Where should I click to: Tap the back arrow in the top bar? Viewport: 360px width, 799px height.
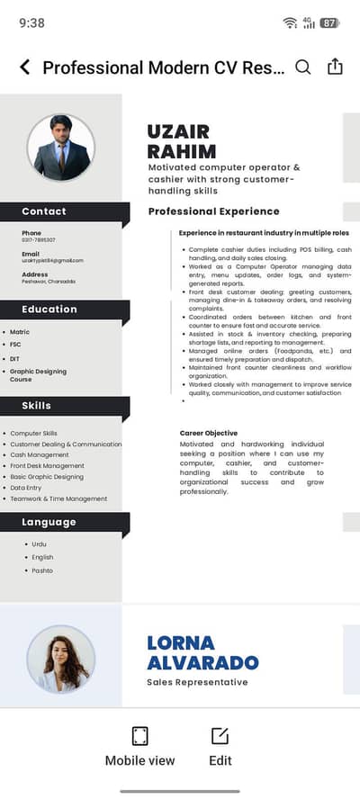click(x=24, y=67)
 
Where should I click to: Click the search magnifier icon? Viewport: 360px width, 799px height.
click(x=303, y=67)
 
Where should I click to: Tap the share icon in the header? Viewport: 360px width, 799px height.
click(x=335, y=67)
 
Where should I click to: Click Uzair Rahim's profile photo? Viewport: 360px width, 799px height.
click(x=60, y=148)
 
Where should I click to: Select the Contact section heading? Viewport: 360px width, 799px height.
click(x=44, y=211)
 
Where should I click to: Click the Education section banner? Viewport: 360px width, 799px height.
click(x=49, y=309)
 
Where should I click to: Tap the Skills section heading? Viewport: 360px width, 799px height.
click(x=37, y=406)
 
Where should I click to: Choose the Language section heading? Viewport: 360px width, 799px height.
click(x=49, y=522)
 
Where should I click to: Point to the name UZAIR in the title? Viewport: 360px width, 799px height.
click(x=179, y=131)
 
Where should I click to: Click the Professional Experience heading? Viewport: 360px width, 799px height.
click(x=213, y=211)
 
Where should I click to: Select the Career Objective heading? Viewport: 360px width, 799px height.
click(x=208, y=433)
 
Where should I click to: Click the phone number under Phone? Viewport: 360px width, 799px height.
click(x=39, y=240)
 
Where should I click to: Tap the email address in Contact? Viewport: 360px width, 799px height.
click(x=52, y=260)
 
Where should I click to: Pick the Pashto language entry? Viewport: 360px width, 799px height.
click(x=42, y=570)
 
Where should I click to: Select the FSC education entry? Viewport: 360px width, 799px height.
click(x=16, y=345)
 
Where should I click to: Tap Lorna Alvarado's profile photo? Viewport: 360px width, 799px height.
click(x=60, y=659)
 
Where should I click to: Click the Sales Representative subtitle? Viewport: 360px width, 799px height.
click(x=197, y=682)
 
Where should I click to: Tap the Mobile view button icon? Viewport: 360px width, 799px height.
click(x=139, y=736)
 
